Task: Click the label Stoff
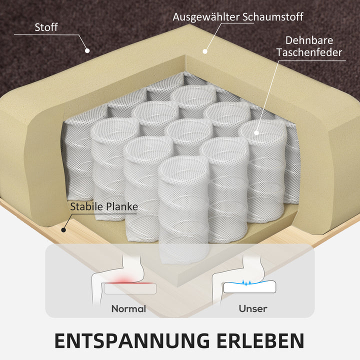pos(46,27)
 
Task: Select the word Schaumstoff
pos(273,17)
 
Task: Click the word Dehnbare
pos(309,40)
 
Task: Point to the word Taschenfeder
pos(309,52)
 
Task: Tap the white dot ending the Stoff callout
pos(87,50)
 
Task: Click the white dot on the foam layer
pos(205,51)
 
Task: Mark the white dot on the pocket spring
pos(256,132)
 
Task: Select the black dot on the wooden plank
pos(63,229)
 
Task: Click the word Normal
pos(128,309)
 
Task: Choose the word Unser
pos(253,309)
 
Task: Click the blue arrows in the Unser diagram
pos(246,282)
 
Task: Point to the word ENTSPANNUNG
pos(132,341)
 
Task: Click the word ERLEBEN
pos(260,341)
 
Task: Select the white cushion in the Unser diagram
pos(250,287)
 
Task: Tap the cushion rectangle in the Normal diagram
pos(130,289)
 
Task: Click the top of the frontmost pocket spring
pos(183,168)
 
